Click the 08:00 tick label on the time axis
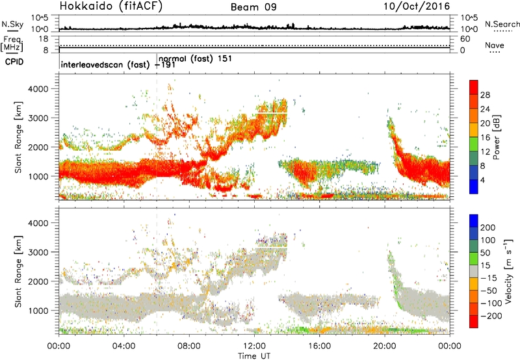[x=188, y=345]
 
